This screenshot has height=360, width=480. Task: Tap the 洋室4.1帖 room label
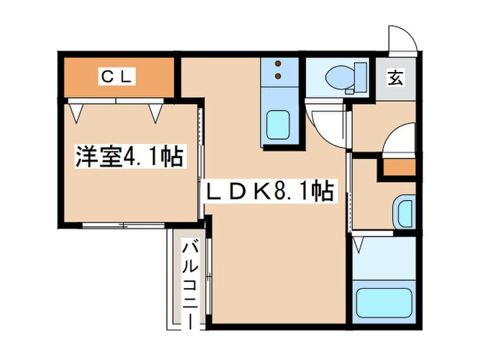click(x=128, y=158)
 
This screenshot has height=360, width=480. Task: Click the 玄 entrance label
click(x=396, y=77)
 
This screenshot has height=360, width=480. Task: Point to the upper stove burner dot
click(x=278, y=64)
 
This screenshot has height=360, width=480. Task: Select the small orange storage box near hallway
click(x=398, y=166)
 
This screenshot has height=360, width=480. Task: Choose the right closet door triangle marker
click(x=156, y=112)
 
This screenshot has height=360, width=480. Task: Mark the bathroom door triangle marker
click(x=357, y=242)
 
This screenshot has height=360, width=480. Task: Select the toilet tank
click(x=359, y=76)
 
